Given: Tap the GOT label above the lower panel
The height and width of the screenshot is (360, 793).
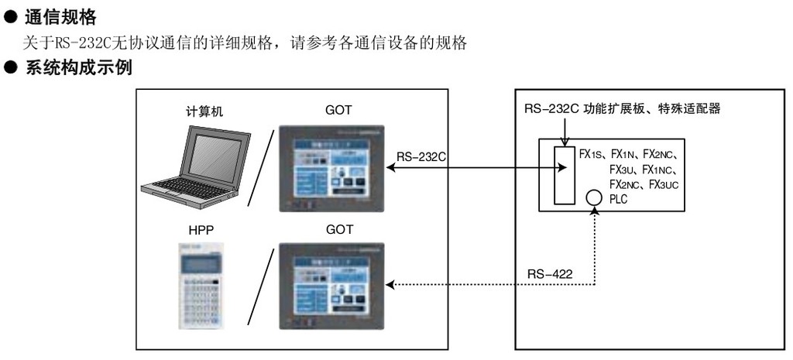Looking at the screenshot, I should [338, 230].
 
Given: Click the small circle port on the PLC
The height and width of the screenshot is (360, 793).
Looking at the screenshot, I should [594, 197].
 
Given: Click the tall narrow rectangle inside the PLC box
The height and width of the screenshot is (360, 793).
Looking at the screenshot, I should [565, 174].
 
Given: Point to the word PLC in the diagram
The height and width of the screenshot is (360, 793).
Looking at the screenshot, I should [620, 199].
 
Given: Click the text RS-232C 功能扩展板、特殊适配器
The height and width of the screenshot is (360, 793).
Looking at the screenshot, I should [622, 109].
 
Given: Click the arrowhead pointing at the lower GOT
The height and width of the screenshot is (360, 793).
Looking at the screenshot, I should [391, 285].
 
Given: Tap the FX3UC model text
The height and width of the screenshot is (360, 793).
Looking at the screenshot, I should [667, 184].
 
